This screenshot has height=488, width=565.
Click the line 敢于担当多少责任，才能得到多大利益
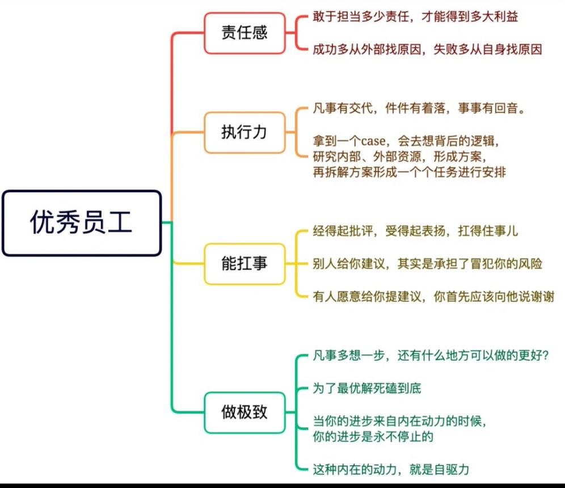415,16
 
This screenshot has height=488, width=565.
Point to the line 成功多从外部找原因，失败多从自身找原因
427,49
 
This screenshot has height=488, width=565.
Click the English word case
373,141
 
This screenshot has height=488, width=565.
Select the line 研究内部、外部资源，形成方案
400,157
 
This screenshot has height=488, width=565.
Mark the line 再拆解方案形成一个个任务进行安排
410,173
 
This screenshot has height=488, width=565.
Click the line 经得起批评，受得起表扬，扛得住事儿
415,231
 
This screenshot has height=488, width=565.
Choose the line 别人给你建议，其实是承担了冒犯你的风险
427,264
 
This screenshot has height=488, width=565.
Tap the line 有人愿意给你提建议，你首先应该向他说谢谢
433,297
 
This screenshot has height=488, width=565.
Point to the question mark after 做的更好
545,356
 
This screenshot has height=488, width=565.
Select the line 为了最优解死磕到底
367,389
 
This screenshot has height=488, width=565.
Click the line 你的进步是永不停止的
373,437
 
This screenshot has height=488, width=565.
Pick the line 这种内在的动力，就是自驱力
391,470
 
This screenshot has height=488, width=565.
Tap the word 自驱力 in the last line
452,470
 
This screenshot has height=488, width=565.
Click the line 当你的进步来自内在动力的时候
400,421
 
